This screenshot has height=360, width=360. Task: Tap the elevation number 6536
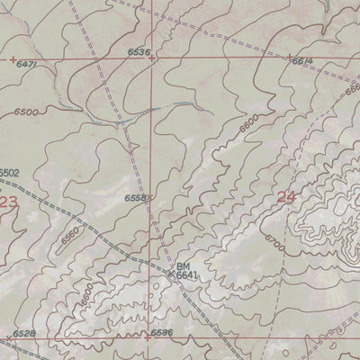tap(139, 53)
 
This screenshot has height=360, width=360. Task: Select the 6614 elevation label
tap(301, 59)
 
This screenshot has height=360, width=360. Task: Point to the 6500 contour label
tap(26, 111)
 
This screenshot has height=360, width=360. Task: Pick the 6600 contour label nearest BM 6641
tap(88, 292)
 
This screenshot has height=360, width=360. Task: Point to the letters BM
tap(183, 267)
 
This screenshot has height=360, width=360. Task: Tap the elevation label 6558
tap(135, 198)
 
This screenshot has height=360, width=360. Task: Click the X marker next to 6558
tap(151, 197)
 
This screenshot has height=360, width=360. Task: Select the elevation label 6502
tap(9, 172)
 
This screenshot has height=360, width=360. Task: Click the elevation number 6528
tap(24, 334)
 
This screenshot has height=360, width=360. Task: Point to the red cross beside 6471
tap(13, 59)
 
